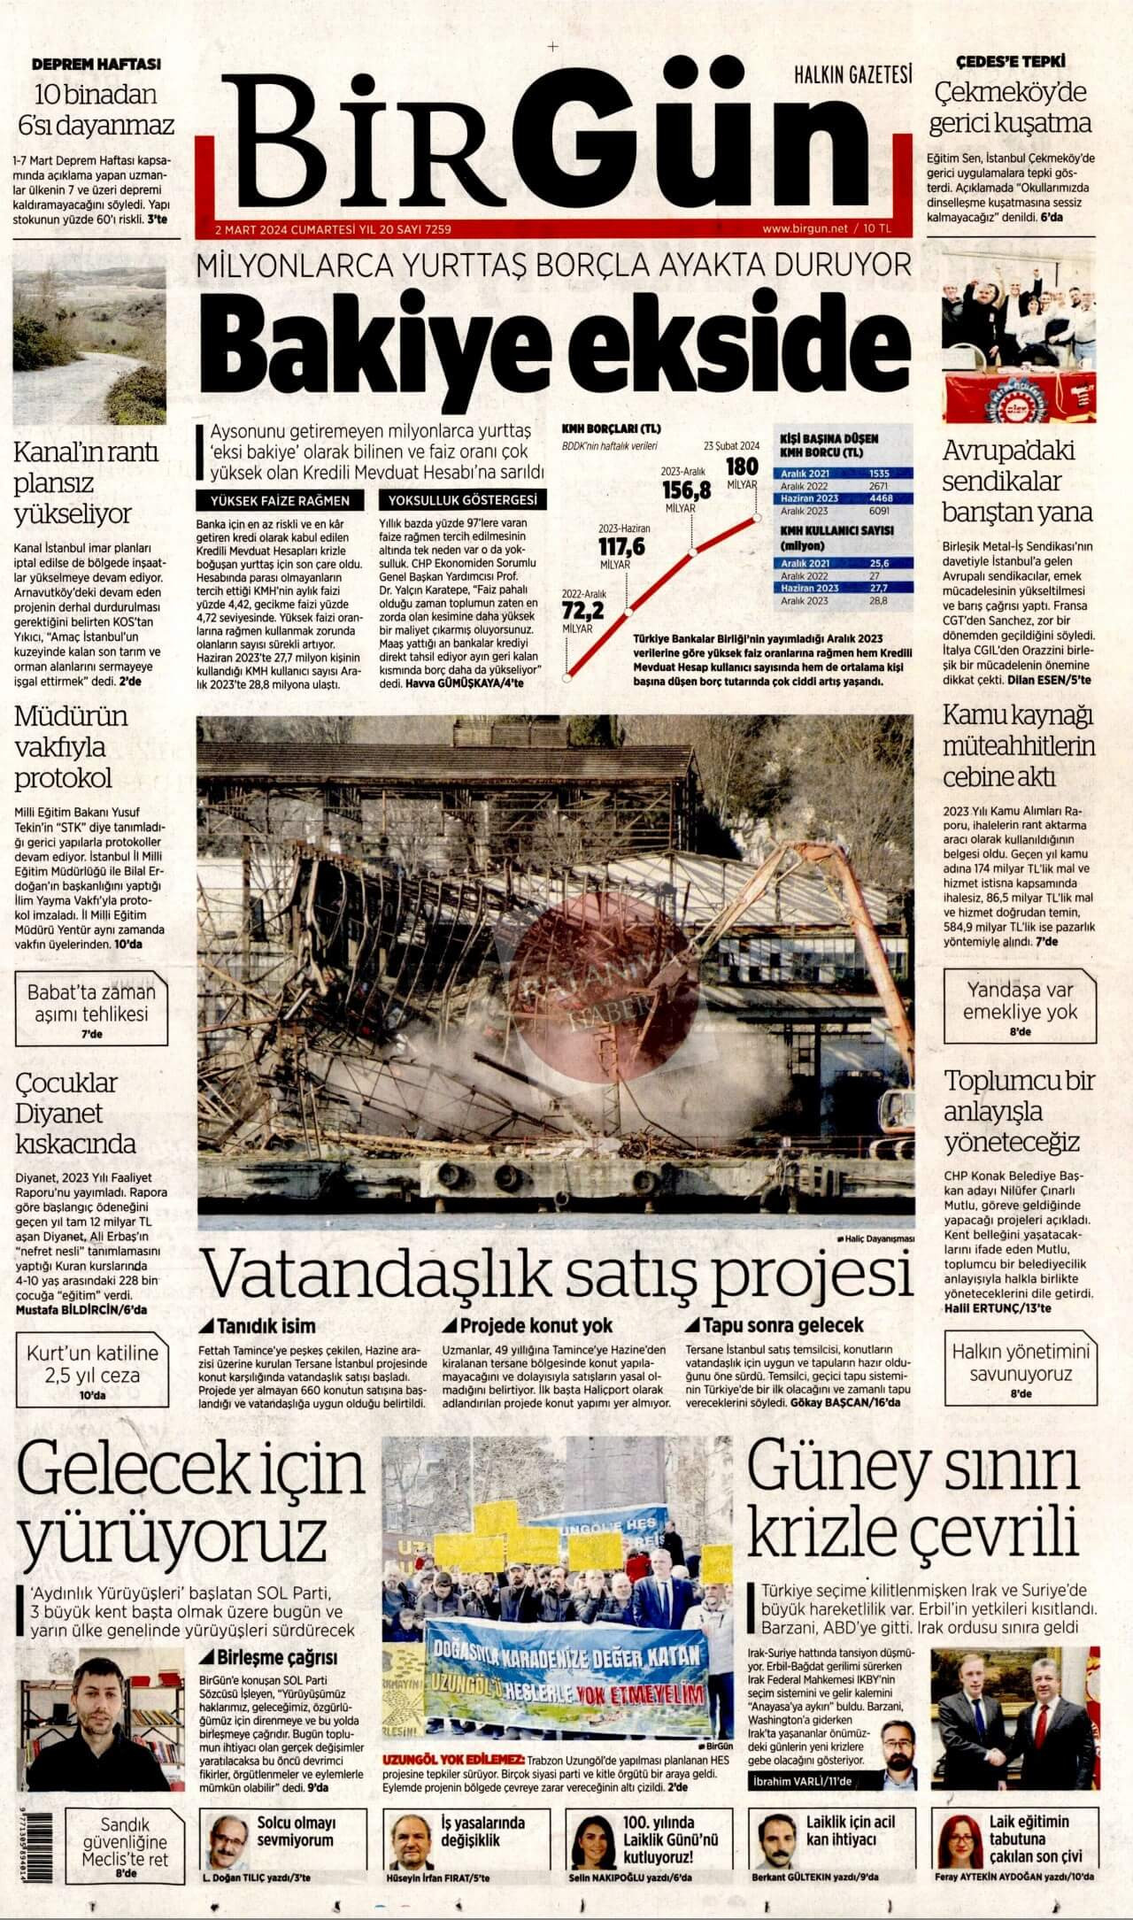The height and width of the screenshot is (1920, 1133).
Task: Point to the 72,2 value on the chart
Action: pos(582,611)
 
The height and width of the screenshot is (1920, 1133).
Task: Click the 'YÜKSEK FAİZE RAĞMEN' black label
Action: pos(280,500)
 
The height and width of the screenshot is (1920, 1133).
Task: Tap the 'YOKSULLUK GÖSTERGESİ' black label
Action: pos(461,500)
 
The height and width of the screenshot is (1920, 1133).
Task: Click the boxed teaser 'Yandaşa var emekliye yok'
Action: pos(1020,1006)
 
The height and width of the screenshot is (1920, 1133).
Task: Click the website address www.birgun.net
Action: pos(805,228)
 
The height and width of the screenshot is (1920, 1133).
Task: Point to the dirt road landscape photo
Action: pos(89,346)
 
